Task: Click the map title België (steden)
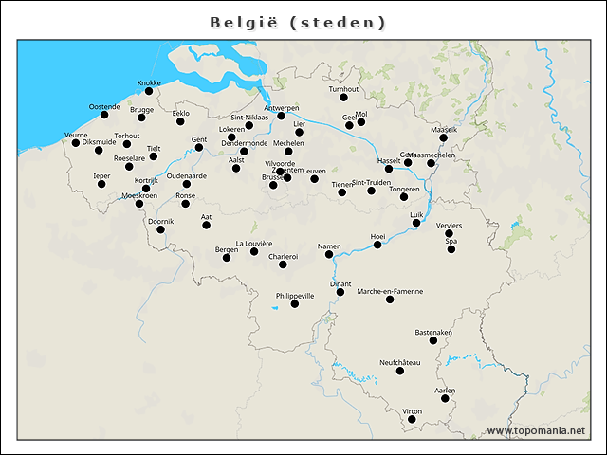[298, 22]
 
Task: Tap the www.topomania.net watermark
[536, 431]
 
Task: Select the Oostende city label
[104, 106]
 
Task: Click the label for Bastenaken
[433, 333]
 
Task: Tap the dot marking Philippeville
[295, 304]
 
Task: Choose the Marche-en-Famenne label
[390, 291]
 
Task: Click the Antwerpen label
[281, 108]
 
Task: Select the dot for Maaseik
[443, 137]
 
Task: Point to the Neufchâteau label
[399, 363]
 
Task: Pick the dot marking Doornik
[160, 229]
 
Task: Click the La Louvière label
[253, 243]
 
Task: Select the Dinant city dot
[340, 292]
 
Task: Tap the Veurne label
[76, 136]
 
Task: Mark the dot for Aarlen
[445, 398]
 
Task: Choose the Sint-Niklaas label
[249, 118]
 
